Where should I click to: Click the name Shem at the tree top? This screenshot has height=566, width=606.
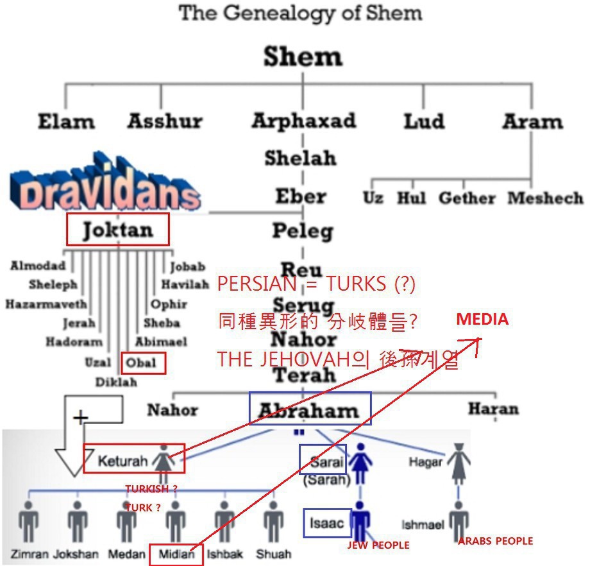click(303, 57)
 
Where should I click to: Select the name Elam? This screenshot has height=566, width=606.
click(66, 121)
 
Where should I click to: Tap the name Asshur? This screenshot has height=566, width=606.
click(165, 121)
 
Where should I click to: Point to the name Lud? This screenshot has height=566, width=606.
click(424, 121)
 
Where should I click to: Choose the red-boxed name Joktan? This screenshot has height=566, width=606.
click(118, 229)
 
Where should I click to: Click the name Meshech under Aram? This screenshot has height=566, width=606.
click(545, 198)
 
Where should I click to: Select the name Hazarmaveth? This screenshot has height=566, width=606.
click(46, 304)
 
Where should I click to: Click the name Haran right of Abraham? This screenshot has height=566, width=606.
click(492, 408)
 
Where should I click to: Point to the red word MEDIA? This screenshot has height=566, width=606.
click(482, 320)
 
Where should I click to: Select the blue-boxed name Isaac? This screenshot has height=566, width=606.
click(327, 522)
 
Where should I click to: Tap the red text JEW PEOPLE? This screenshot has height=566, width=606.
click(378, 545)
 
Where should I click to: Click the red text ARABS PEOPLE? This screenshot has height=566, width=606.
click(495, 541)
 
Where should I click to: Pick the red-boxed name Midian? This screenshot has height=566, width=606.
click(176, 554)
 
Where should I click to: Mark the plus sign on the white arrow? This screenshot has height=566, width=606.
click(80, 419)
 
